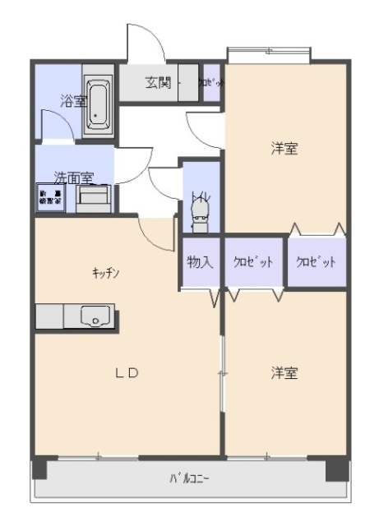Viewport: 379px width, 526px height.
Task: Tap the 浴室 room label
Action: [73, 101]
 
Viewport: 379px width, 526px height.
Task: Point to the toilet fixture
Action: [200, 216]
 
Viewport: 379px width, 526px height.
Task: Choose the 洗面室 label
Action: [73, 178]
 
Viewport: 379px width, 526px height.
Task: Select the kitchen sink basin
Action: [97, 315]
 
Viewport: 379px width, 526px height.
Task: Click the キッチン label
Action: [107, 274]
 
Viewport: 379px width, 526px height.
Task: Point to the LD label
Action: [126, 372]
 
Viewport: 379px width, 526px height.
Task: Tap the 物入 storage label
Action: [200, 262]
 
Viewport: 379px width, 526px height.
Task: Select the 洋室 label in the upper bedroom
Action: [284, 149]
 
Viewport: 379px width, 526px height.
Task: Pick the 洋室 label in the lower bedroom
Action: [284, 372]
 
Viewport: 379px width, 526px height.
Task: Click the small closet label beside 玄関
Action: [210, 82]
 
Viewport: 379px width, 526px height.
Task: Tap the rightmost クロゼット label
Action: [317, 262]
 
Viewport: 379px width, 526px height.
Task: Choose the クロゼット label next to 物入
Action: [254, 262]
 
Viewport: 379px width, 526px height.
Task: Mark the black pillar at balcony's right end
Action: [336, 470]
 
